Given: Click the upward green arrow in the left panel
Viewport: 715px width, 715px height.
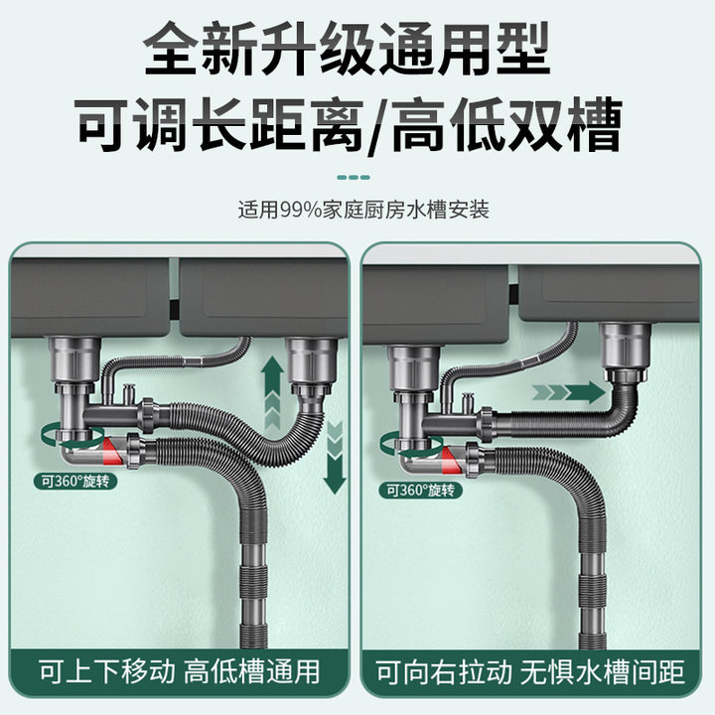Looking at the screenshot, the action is pos(272,391).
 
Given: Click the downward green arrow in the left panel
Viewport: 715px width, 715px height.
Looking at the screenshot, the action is pos(336,458).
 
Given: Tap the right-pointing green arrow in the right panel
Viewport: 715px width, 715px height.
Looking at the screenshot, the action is pos(570,392).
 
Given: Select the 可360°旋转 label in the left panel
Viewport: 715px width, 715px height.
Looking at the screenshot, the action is pos(75,482).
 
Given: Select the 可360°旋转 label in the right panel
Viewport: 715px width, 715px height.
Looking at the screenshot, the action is pos(420,491).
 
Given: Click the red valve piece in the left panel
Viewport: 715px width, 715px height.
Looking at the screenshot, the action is pos(112,451).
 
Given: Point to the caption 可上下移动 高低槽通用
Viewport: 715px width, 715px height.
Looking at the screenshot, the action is pos(179,671).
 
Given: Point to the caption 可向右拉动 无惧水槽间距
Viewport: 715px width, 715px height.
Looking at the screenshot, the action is pos(530,672).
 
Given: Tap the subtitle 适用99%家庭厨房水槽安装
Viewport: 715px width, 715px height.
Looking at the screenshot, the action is pos(363,210).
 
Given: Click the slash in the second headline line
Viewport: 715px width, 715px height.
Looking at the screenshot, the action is pos(376,125).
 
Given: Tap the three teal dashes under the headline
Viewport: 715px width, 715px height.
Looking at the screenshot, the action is pos(354,178).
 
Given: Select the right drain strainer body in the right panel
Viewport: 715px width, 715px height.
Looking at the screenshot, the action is pos(626,347).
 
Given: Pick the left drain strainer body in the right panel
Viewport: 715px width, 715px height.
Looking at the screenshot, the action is pos(413,368).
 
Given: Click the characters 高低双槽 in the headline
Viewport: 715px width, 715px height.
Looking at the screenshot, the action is pos(507,124).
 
